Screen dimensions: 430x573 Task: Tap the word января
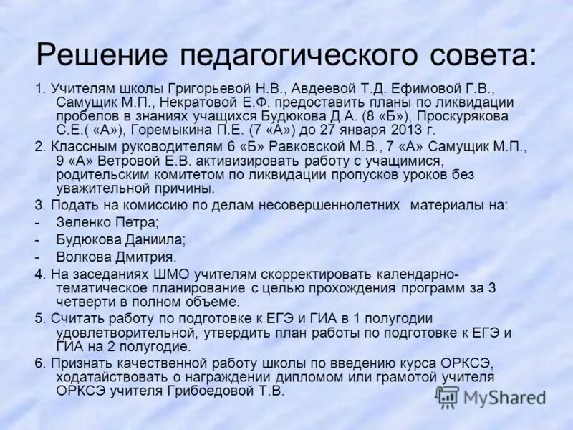pyautogui.click(x=359, y=130)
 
